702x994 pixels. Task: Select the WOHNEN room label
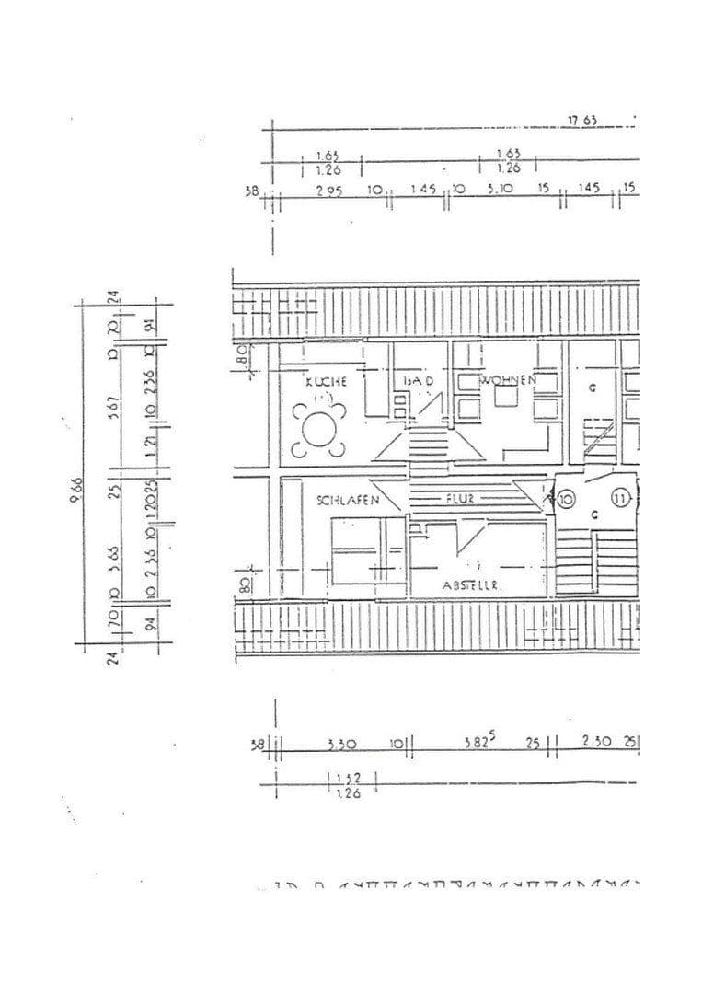[506, 379]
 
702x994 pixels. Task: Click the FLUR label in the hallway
[460, 500]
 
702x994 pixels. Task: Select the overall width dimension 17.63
[582, 121]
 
